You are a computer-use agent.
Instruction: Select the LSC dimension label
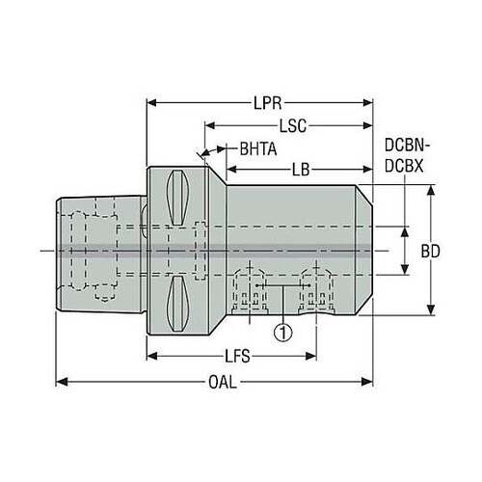(292, 125)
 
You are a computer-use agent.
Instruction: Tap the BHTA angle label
(258, 149)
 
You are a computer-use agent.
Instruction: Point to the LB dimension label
(301, 170)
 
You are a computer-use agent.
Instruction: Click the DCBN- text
(407, 146)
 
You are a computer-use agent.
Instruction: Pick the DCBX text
(404, 166)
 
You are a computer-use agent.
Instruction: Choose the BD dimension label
(430, 252)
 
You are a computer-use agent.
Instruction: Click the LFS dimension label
(237, 357)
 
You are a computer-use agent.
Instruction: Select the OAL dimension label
(223, 382)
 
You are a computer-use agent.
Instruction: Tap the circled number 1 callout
(283, 333)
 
